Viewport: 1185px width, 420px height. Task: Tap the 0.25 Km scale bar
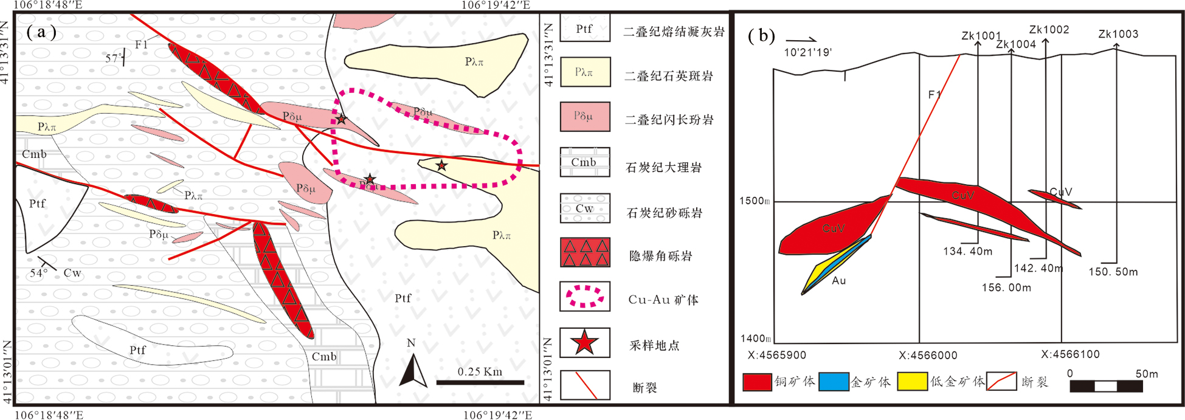point(480,382)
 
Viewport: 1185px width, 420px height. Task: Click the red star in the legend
point(584,343)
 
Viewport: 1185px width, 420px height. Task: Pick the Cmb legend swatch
point(584,162)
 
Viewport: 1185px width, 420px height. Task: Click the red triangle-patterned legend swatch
point(584,252)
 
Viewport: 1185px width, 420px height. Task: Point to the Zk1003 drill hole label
point(1118,35)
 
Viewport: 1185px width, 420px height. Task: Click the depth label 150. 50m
point(1113,272)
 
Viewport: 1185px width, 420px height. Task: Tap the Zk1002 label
point(1049,30)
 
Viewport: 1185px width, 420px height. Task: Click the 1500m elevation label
point(755,201)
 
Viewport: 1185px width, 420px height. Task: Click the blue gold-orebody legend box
point(833,382)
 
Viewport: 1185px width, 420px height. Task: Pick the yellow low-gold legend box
point(912,382)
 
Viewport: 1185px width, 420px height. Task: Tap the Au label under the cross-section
point(839,281)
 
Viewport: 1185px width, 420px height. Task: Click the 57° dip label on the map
point(112,58)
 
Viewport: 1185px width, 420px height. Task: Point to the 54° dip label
point(38,273)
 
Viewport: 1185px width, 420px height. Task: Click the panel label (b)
point(761,36)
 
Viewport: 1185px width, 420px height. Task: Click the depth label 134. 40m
point(967,251)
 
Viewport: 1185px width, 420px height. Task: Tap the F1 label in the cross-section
point(935,95)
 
